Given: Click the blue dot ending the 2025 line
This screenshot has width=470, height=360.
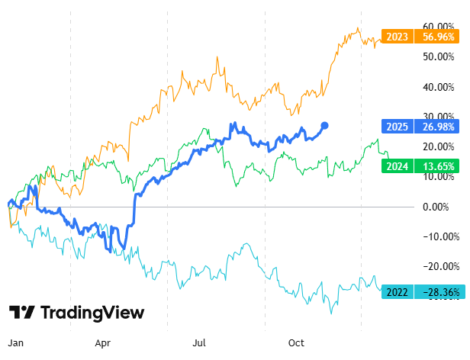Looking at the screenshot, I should [324, 125].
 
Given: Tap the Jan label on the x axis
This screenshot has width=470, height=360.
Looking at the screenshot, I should [14, 343].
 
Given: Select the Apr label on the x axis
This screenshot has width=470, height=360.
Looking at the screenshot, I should [104, 343].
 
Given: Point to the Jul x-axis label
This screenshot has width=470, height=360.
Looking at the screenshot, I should [200, 343].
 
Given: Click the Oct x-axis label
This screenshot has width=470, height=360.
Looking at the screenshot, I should [297, 343].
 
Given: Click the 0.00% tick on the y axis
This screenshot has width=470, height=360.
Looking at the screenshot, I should [436, 207].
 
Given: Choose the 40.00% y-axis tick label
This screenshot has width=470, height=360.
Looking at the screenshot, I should [436, 87].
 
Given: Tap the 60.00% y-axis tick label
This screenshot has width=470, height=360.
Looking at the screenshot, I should [436, 27].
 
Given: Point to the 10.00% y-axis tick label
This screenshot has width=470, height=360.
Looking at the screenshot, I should [436, 176].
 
